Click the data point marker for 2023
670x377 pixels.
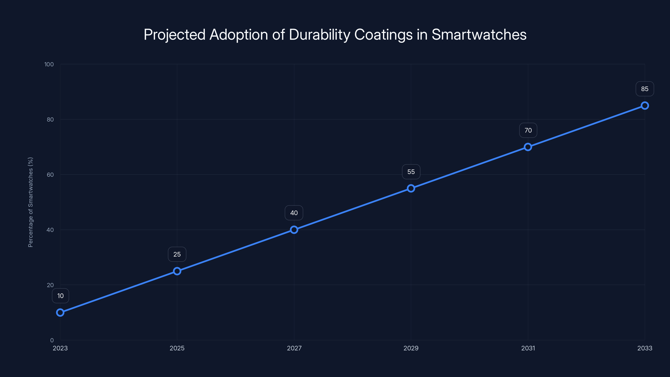point(60,312)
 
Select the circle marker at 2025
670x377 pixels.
point(177,271)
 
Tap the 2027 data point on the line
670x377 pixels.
point(294,230)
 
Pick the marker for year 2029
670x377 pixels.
point(411,188)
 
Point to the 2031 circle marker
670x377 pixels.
point(528,147)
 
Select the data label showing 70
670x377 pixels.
point(528,130)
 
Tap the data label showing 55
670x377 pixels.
point(411,172)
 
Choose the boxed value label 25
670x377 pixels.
point(177,254)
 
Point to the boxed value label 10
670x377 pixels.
point(60,296)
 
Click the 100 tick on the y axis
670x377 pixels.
point(49,64)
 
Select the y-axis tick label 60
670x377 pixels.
point(50,175)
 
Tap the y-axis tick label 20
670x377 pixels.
point(50,285)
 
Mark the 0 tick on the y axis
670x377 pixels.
point(52,340)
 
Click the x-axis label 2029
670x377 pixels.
point(411,348)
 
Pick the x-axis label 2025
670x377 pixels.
point(177,348)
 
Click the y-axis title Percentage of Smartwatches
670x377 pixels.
point(30,202)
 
